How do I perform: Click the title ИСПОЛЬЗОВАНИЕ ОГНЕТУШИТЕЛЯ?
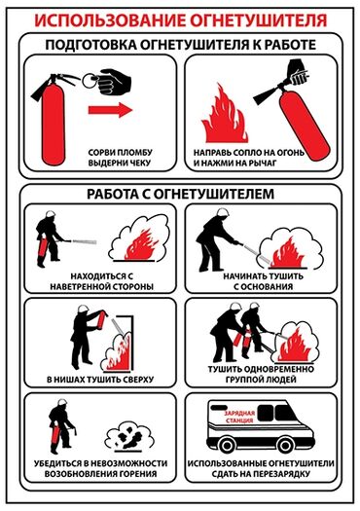tap(180, 18)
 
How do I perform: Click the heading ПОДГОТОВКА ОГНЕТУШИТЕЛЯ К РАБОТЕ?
tap(180, 44)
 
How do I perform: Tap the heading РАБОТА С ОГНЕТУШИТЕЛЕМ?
tap(180, 193)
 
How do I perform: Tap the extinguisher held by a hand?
tap(292, 102)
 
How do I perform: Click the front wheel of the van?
tap(231, 446)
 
